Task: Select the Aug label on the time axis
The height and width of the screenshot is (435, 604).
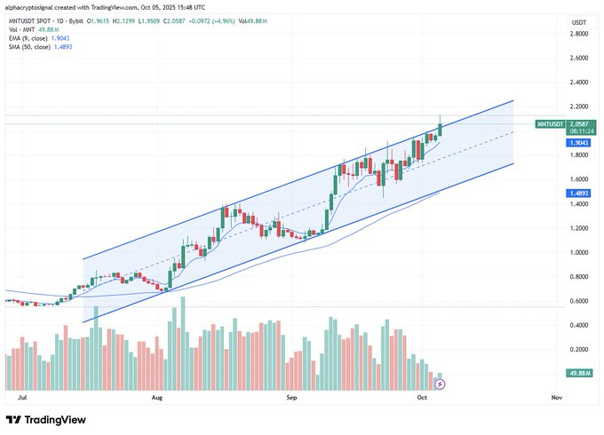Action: pyautogui.click(x=158, y=399)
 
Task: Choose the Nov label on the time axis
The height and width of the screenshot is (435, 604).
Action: pyautogui.click(x=557, y=399)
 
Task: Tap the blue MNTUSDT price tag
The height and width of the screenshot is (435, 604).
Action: pyautogui.click(x=552, y=125)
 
